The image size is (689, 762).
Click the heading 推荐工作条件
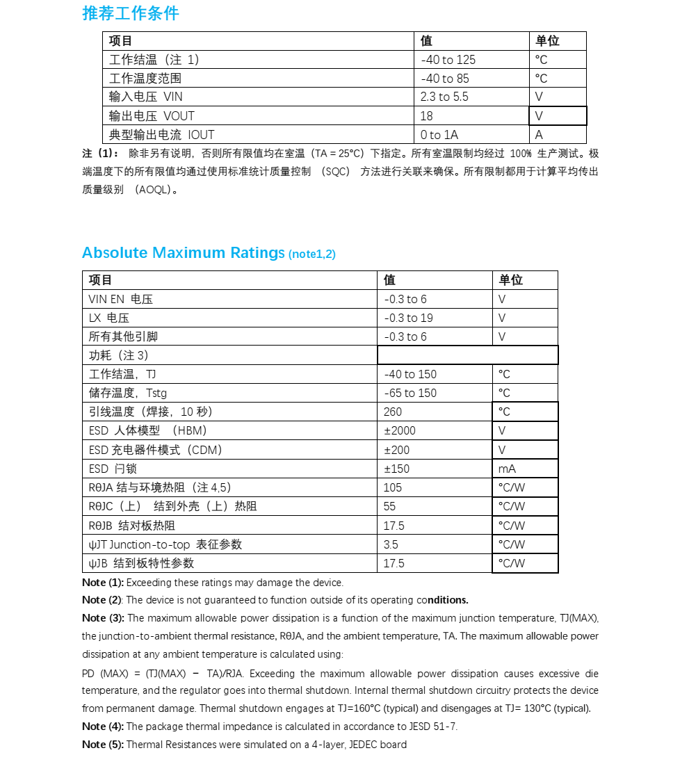coord(130,13)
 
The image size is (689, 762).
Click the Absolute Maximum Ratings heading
coord(184,253)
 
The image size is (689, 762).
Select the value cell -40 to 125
coord(448,60)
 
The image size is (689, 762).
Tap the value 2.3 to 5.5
coord(444,97)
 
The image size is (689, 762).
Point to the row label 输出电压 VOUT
coord(152,116)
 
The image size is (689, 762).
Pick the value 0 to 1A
coord(439,135)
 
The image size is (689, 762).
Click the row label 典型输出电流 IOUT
coord(161,135)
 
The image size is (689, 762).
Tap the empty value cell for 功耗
coord(467,355)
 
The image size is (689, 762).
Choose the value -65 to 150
coord(410,393)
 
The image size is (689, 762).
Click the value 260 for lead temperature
coord(393,412)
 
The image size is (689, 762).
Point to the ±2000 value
coord(400,430)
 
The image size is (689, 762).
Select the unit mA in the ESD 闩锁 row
coord(507,469)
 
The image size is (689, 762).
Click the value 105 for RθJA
coord(393,487)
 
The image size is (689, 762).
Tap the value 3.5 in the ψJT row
coord(391,544)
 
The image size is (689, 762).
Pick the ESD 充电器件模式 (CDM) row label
coord(156,450)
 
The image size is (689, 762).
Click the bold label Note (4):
coord(103,727)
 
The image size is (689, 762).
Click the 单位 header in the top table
coord(547,41)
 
